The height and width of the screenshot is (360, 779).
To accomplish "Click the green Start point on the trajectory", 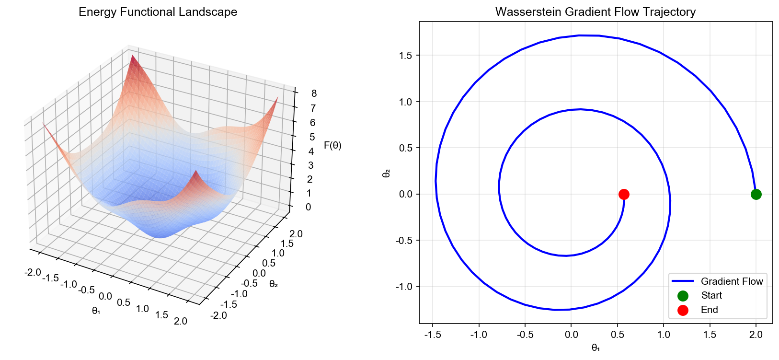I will coord(756,194).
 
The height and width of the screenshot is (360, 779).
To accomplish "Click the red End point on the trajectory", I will coord(624,194).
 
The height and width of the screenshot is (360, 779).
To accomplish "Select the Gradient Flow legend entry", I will coord(732,281).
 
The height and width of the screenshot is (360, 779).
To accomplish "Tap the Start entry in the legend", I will coord(711,296).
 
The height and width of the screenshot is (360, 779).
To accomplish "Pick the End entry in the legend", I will coord(709,310).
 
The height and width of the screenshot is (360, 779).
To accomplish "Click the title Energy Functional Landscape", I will coord(158,12).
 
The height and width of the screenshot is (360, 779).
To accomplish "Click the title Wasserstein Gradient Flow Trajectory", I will coord(596,12).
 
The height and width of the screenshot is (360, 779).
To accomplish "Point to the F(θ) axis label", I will coord(332,145).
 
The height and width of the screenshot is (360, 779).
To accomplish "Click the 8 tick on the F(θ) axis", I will coord(314,93).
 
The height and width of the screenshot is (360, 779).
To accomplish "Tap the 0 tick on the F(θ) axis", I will coord(308,207).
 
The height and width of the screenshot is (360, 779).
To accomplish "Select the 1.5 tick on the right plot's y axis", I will coord(405,56).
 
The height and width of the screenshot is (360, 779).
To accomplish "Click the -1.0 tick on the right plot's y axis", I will coord(404,287).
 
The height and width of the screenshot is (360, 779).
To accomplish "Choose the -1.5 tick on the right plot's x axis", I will coord(433,335).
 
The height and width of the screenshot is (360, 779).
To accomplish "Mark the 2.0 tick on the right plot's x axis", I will coord(756,335).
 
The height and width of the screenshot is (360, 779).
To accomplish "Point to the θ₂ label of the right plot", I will coord(386,173).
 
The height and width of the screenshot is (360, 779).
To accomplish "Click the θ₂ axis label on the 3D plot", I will coord(274,284).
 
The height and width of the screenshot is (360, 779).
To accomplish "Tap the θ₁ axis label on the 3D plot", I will coord(96,311).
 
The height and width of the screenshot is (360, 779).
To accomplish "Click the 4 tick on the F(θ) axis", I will coord(311,151).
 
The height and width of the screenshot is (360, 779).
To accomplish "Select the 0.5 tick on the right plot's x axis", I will coord(618,335).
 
